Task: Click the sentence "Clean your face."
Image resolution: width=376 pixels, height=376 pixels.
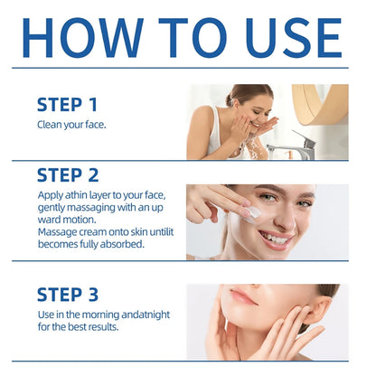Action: [x=72, y=124]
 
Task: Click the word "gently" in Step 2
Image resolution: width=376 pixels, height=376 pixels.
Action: [x=53, y=207]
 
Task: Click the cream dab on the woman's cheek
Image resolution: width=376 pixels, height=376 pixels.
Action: [x=254, y=211]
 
